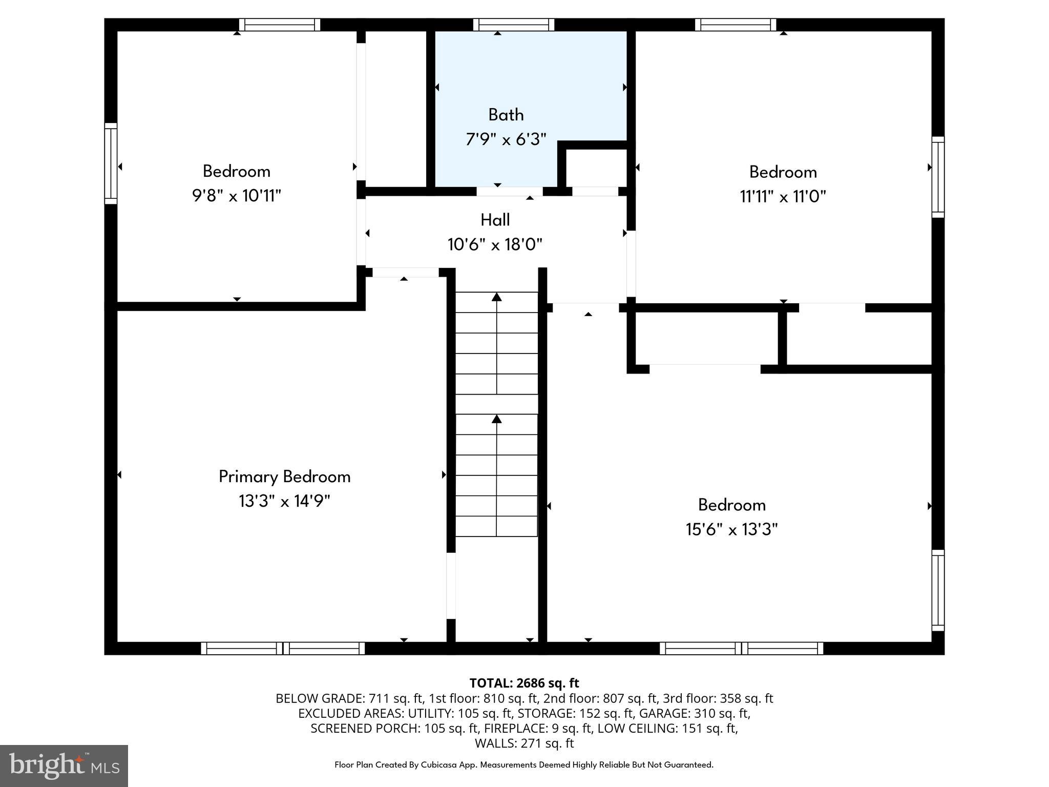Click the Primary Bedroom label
285,477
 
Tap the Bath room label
506,115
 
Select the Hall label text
495,220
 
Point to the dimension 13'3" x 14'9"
285,501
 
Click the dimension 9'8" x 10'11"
237,196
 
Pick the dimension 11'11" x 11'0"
783,196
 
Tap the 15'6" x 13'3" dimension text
732,529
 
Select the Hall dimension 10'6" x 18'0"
495,244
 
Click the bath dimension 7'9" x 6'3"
506,139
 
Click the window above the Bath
514,25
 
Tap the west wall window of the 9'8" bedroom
111,163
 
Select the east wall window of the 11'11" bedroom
938,177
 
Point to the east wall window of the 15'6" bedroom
938,590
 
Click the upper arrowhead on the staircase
497,297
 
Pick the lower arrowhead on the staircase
497,419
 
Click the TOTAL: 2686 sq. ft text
524,683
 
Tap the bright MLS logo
64,765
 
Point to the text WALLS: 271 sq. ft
524,743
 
